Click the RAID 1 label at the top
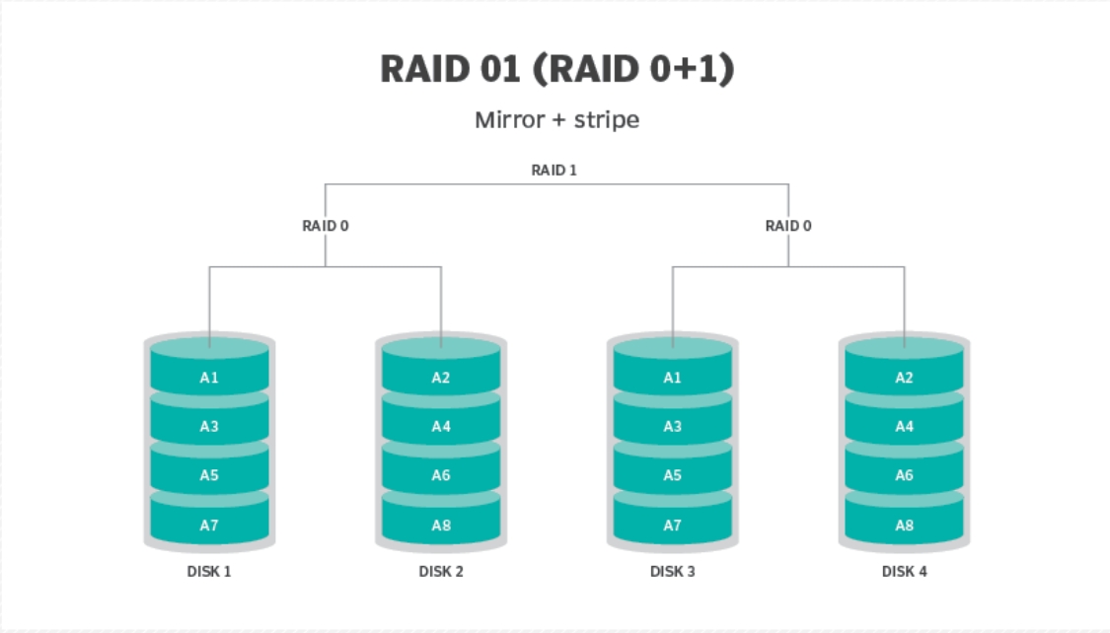(x=555, y=170)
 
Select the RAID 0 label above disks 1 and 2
(x=326, y=226)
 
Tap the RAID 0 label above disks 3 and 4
(x=788, y=226)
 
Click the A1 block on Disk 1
(x=209, y=378)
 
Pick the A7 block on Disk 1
(x=209, y=526)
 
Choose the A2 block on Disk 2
(x=441, y=378)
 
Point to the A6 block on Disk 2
(x=441, y=476)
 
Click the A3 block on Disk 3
(x=673, y=427)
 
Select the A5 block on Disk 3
(x=673, y=476)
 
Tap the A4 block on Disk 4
(x=904, y=427)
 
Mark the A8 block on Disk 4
(x=904, y=526)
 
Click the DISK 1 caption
(x=209, y=572)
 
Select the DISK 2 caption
(x=441, y=572)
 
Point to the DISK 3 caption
(x=673, y=572)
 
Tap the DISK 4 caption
(x=904, y=572)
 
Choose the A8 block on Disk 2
(x=441, y=526)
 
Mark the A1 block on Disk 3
(x=673, y=378)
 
